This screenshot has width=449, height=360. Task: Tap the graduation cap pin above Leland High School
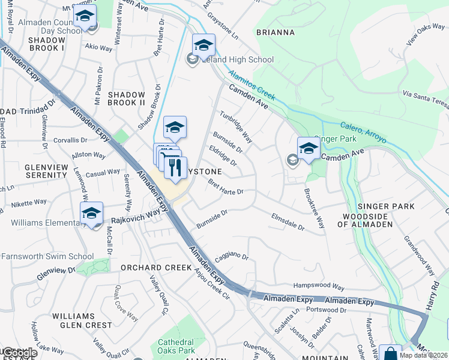point(203,44)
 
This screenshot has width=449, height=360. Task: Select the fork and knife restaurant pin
point(175,167)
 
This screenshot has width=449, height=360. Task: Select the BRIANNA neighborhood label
point(275,32)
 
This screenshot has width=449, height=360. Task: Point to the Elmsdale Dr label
point(288,222)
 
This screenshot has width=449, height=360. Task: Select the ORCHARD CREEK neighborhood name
point(149,267)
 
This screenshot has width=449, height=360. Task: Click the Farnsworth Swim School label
point(47,256)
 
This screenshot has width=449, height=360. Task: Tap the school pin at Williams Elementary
point(91,214)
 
